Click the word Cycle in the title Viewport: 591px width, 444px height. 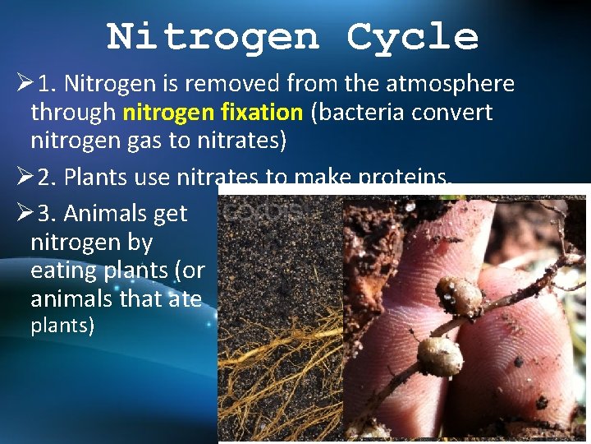[412, 37]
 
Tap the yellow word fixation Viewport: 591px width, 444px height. [262, 112]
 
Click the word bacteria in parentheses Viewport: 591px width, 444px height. [357, 112]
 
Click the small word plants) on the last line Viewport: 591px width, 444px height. [62, 326]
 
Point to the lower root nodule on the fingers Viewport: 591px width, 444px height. [440, 356]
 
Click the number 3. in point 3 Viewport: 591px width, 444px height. [48, 214]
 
